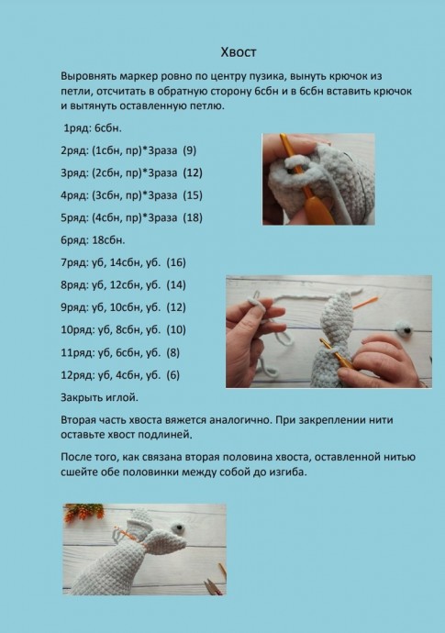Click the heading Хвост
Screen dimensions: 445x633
(239, 52)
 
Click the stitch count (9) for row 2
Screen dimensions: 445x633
(189, 150)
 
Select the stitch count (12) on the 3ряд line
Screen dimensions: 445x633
(193, 172)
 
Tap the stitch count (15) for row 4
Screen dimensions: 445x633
(193, 195)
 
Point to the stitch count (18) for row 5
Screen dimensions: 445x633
(193, 217)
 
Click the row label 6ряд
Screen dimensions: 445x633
(74, 240)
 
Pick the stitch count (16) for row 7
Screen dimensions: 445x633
(176, 262)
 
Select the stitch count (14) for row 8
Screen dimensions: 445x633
(176, 285)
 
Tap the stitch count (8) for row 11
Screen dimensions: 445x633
(172, 353)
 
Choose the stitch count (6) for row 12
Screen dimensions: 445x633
(172, 375)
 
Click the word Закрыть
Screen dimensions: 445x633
(83, 397)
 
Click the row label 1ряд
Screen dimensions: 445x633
(78, 128)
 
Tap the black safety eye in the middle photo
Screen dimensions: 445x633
(406, 330)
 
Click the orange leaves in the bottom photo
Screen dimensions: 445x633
(84, 512)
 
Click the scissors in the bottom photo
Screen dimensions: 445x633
(214, 586)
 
